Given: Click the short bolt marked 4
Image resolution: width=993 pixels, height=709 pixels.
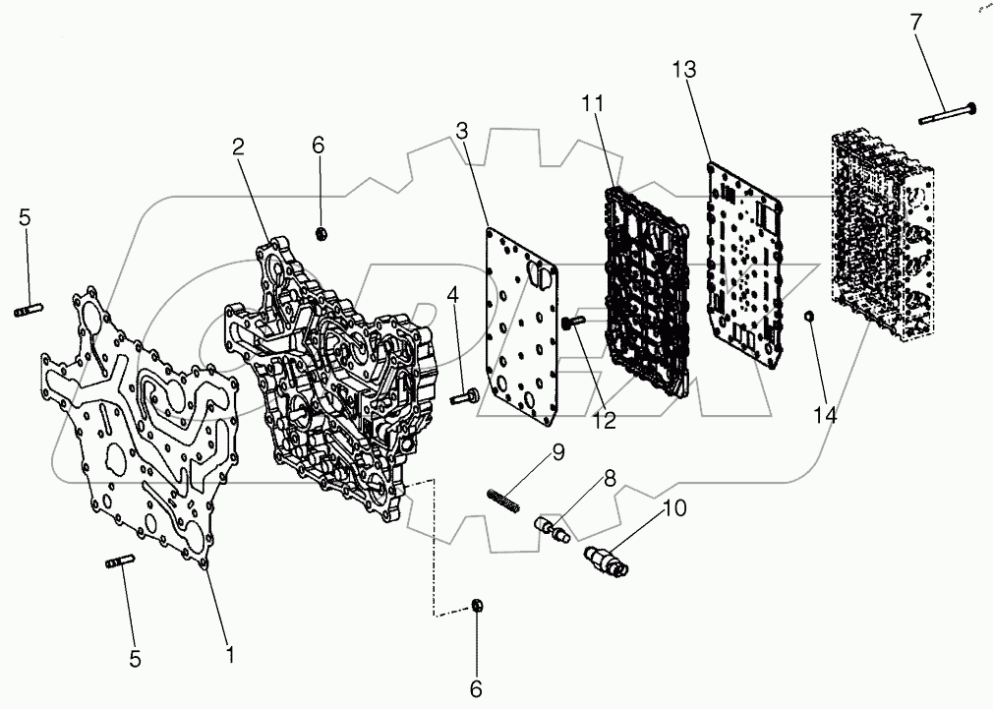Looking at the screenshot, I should pyautogui.click(x=462, y=398).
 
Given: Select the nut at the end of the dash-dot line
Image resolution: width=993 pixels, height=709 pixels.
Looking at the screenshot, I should pyautogui.click(x=476, y=606).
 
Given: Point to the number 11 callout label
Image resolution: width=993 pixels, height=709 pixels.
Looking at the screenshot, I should pyautogui.click(x=593, y=103).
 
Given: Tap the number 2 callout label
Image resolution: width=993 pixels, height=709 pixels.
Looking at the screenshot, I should pyautogui.click(x=238, y=148).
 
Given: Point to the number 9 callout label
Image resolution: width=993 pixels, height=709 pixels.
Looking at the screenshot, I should pyautogui.click(x=557, y=453).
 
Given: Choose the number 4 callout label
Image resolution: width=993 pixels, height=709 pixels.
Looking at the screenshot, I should pyautogui.click(x=453, y=294).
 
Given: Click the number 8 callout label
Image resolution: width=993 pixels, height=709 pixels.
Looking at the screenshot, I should pyautogui.click(x=611, y=481).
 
